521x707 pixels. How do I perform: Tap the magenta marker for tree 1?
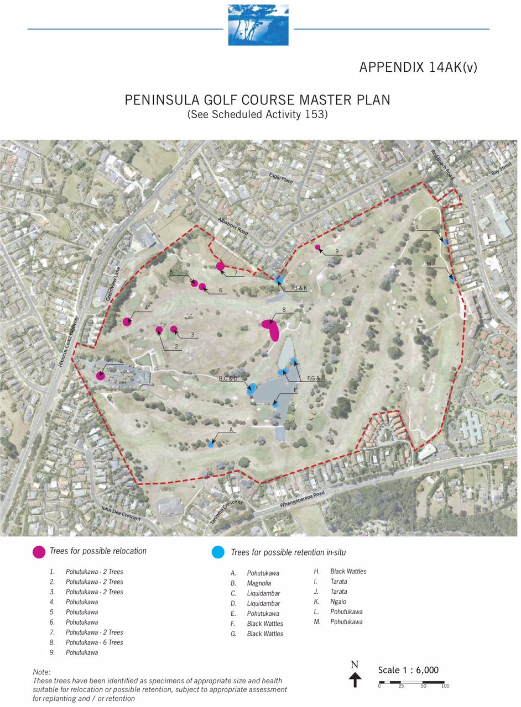point(100,376)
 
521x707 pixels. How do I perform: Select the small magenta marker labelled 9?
point(317,247)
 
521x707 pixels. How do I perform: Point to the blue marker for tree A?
point(210,444)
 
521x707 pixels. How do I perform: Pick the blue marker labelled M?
point(452,279)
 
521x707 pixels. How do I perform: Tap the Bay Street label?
point(502,167)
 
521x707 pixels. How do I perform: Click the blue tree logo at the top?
point(258,25)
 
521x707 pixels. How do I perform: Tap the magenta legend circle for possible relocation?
point(39,552)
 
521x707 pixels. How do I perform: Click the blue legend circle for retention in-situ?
point(218,552)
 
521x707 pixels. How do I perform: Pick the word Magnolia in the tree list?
point(259,583)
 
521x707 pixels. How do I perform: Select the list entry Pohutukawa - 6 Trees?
point(94,642)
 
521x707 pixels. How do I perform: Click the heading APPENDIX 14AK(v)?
point(418,67)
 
